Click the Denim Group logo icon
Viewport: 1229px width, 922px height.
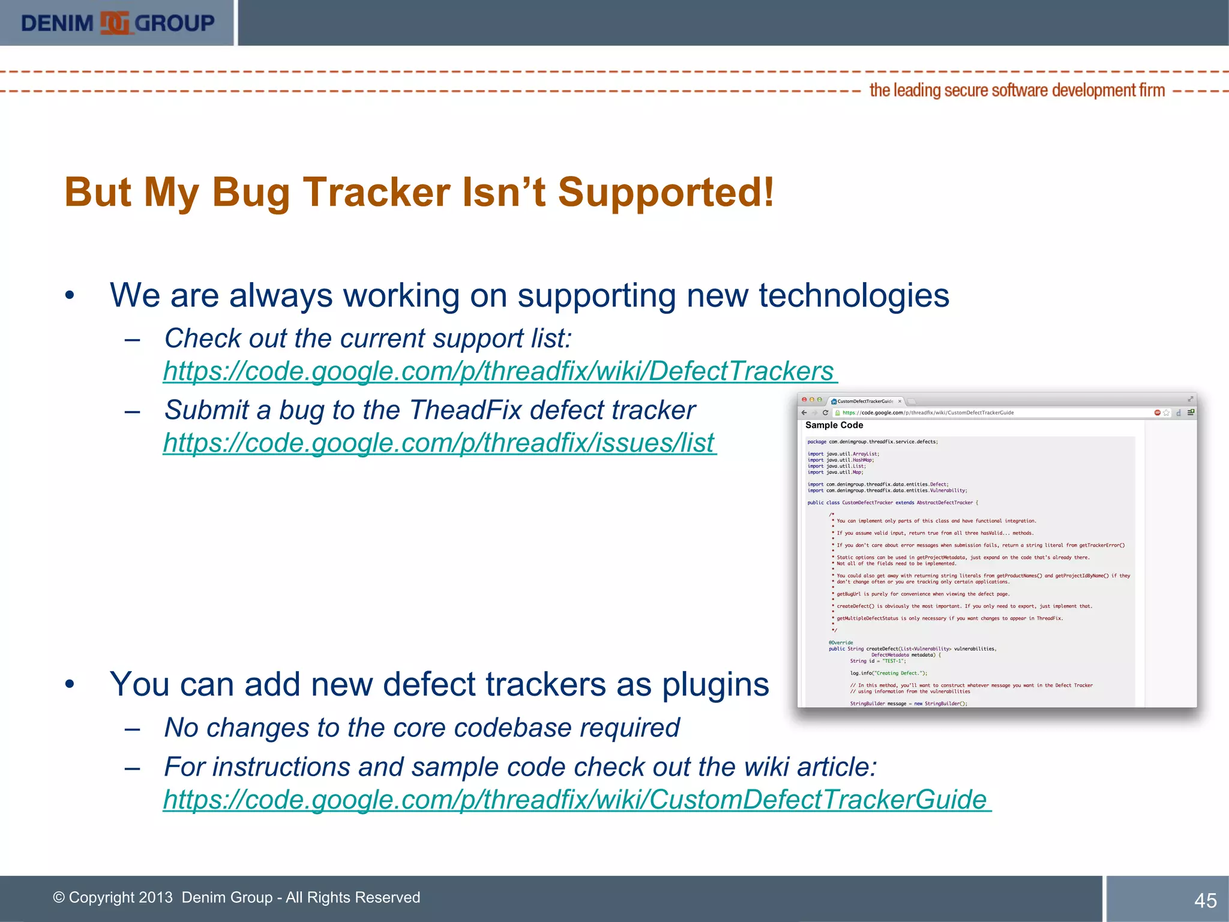click(114, 23)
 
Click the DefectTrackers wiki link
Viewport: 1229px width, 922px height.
click(499, 371)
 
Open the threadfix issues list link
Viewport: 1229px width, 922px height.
click(439, 443)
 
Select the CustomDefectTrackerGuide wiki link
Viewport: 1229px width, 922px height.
click(576, 800)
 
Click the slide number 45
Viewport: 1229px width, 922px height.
click(1205, 900)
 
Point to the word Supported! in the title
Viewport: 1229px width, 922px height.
click(666, 193)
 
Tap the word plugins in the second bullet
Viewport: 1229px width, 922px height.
click(715, 684)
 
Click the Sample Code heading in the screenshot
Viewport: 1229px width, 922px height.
click(834, 425)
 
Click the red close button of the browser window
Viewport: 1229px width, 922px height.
click(805, 400)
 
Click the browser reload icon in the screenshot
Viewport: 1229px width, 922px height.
click(825, 413)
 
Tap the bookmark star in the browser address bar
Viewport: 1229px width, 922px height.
click(1167, 413)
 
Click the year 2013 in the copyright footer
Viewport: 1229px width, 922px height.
click(155, 897)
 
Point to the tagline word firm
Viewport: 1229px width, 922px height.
click(1152, 91)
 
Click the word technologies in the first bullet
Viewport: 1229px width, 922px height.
click(853, 295)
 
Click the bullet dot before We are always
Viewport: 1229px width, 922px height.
click(70, 295)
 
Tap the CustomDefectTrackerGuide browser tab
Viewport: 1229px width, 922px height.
click(865, 401)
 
